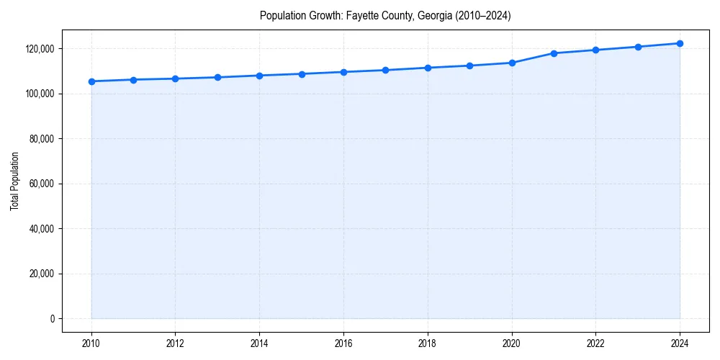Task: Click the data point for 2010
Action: tap(91, 81)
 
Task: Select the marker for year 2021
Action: tap(554, 53)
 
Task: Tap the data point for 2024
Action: tap(680, 43)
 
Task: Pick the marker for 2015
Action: tap(302, 74)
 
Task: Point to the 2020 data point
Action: tap(512, 63)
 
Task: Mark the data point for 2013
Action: tap(217, 77)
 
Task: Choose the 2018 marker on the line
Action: tap(428, 68)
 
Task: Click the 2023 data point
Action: tap(638, 47)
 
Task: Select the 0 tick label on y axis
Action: tap(52, 319)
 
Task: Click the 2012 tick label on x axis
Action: tap(175, 343)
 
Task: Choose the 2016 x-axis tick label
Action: tap(343, 343)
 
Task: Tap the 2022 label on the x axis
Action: tap(595, 343)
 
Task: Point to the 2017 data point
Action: tap(386, 70)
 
